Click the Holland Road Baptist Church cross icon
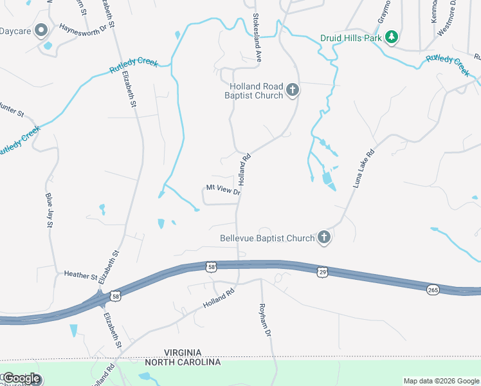click(x=293, y=89)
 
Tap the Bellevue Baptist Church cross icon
click(x=324, y=238)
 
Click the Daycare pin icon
click(x=41, y=30)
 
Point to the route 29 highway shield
click(x=323, y=273)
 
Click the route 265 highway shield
click(x=433, y=290)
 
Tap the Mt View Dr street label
click(x=223, y=189)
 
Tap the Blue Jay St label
click(x=50, y=209)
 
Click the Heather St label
click(x=80, y=275)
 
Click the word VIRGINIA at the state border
click(x=191, y=353)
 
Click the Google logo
click(x=21, y=378)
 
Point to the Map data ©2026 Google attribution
click(x=440, y=381)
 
